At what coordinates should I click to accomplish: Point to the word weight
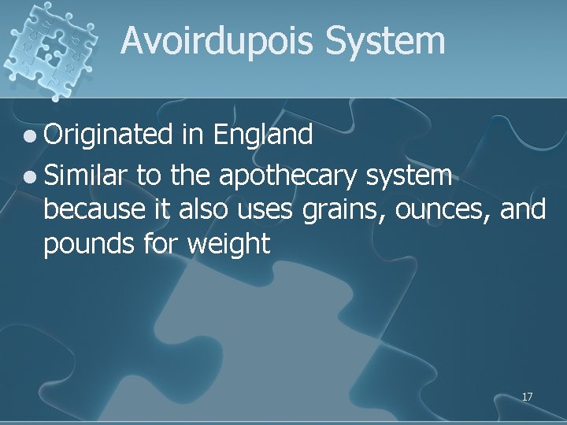point(231,245)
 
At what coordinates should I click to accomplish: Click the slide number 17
point(527,397)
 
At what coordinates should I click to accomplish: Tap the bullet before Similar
point(28,178)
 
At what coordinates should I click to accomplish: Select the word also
point(202,210)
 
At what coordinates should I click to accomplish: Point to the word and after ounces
point(521,210)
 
